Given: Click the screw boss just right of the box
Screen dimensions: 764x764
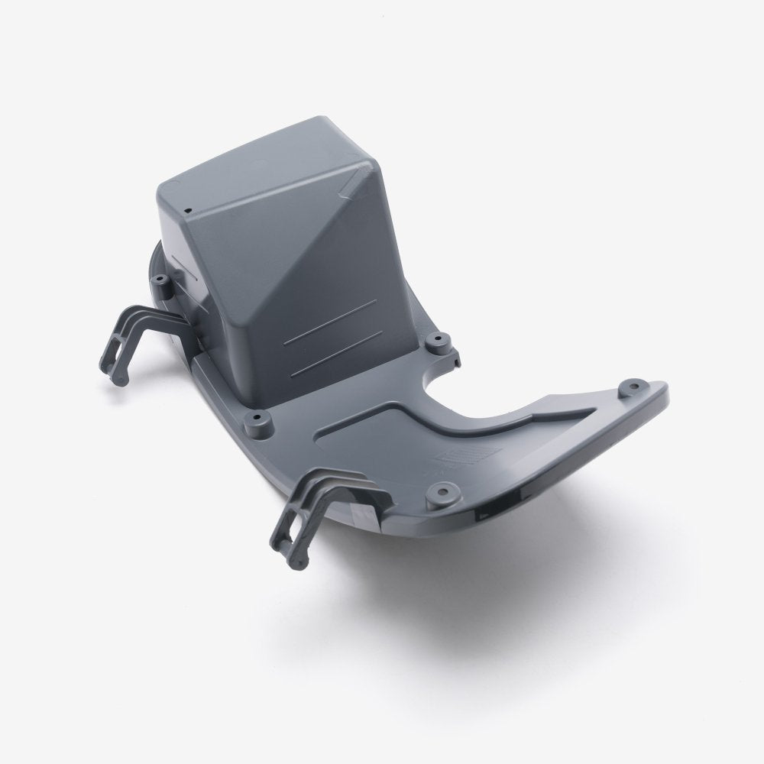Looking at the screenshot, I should click(436, 338).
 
